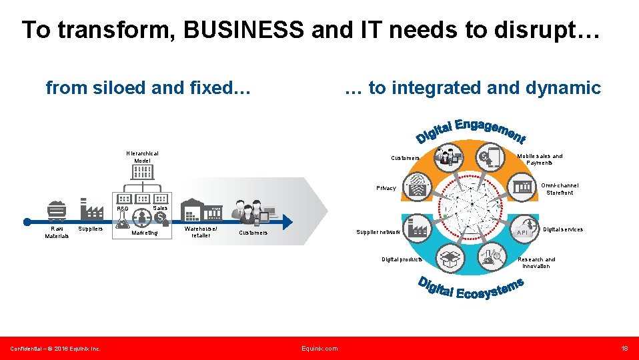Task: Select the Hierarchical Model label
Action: click(142, 157)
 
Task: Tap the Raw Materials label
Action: click(57, 232)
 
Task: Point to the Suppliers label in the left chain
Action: click(91, 229)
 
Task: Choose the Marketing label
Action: click(145, 233)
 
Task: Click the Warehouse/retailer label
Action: click(201, 232)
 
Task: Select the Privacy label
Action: click(386, 188)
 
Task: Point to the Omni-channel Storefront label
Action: click(559, 189)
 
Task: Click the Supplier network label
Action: click(378, 232)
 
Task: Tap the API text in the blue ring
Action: click(522, 233)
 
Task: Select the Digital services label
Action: click(562, 229)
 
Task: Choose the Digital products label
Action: click(401, 259)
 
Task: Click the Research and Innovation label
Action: click(536, 263)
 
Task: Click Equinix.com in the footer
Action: click(319, 348)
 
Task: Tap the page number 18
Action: click(624, 348)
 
